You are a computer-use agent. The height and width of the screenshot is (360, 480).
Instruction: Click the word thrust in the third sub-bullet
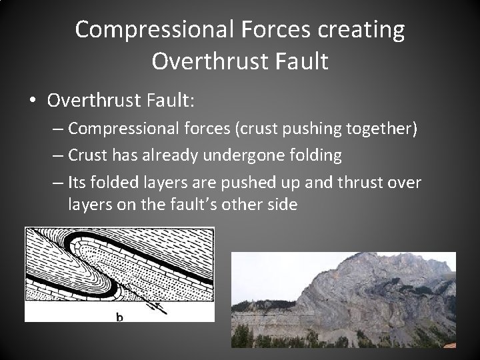[x=362, y=183]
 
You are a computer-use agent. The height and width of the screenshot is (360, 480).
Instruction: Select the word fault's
[x=201, y=205]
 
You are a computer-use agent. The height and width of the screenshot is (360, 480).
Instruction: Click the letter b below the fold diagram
[x=119, y=317]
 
